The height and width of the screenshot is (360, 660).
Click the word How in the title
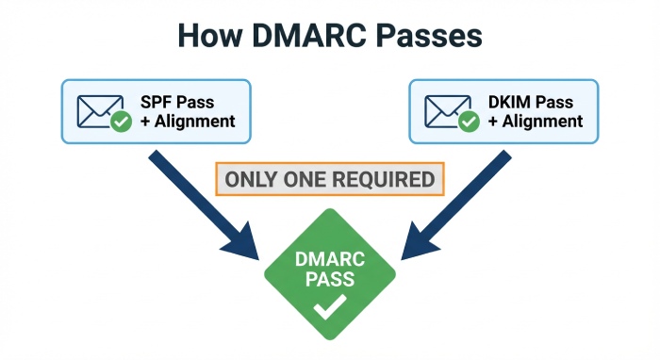215,37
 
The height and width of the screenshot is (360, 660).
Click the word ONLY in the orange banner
253,180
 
